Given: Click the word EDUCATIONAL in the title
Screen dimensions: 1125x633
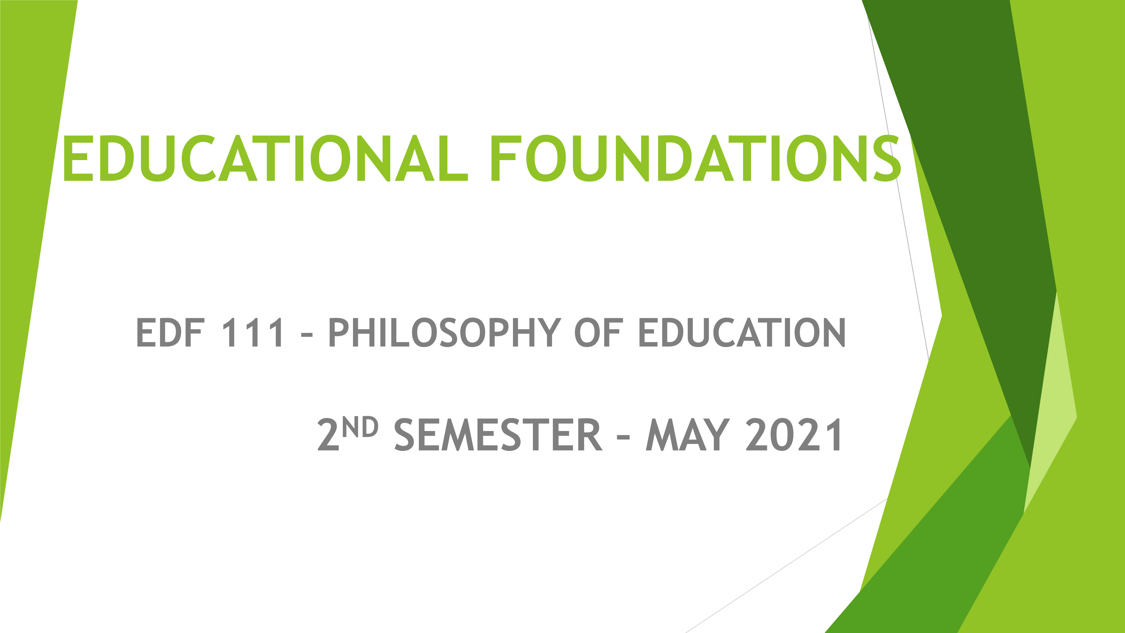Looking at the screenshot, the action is point(266,158).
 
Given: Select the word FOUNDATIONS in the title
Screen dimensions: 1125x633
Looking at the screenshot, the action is point(696,158).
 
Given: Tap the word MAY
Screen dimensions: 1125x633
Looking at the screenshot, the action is point(688,435).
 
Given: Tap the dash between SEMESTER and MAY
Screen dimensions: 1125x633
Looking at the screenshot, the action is point(623,437).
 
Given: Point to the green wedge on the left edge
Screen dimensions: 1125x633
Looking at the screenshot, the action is point(31,175).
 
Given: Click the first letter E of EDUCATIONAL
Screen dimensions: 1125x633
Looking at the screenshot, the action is point(79,158).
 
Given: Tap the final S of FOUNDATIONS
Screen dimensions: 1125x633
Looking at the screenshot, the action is point(887,158).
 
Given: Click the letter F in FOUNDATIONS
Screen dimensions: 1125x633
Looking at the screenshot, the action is point(506,158).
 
